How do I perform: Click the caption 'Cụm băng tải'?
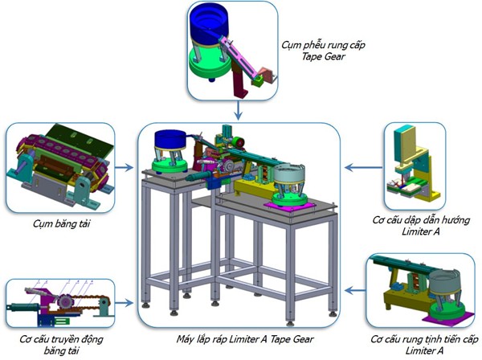point(61,223)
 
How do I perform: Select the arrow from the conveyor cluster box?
point(124,169)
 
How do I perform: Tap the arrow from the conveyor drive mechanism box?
point(124,304)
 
